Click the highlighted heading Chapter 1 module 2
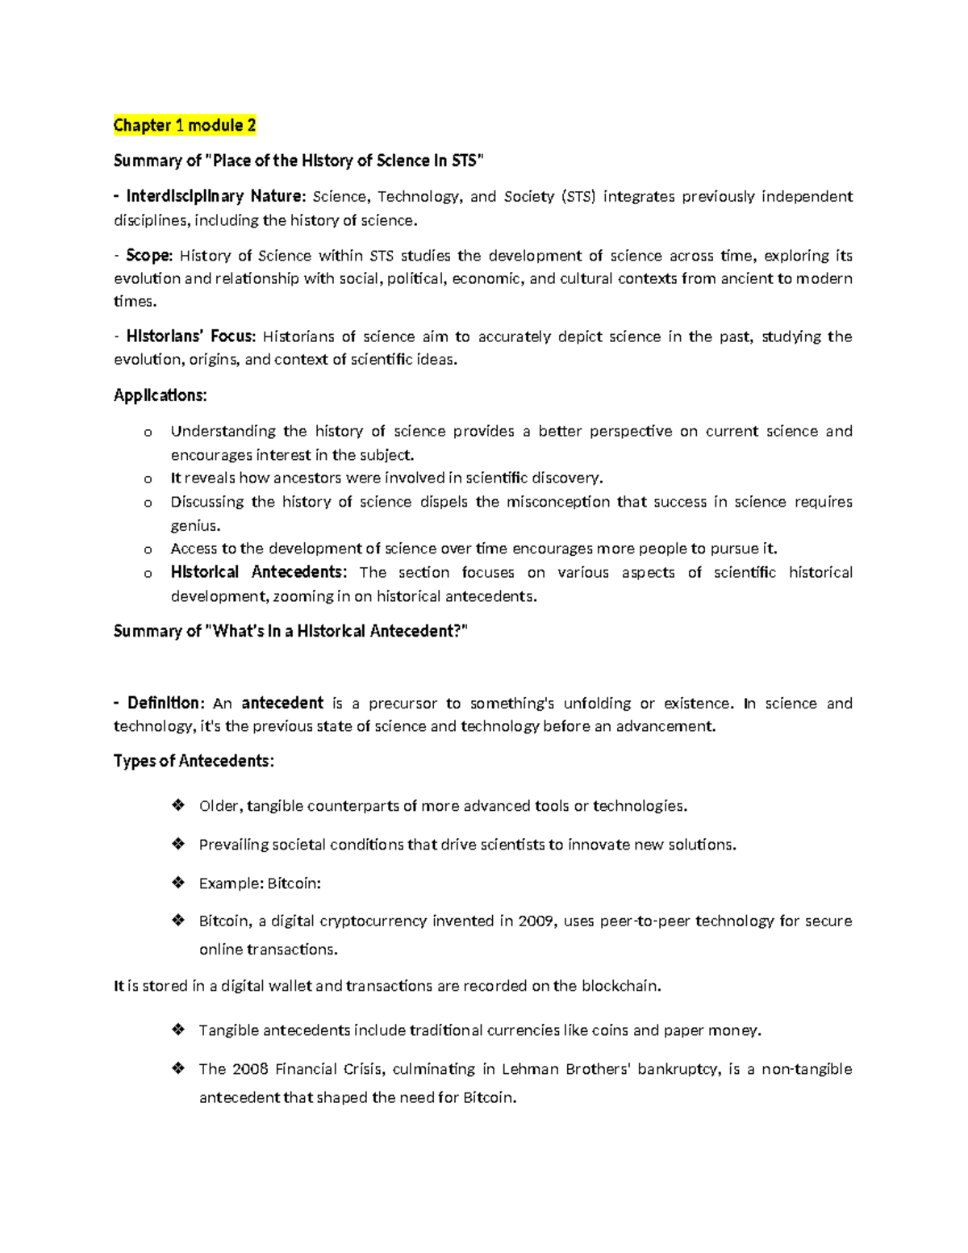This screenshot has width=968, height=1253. (185, 125)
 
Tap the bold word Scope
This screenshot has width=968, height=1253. (148, 256)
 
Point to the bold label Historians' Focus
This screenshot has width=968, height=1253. (190, 336)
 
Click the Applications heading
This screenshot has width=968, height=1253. (160, 395)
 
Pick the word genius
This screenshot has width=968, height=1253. (194, 526)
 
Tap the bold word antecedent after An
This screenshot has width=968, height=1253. (282, 703)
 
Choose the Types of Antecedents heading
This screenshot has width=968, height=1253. (194, 761)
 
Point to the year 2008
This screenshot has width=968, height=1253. (249, 1069)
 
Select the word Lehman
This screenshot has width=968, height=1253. (528, 1069)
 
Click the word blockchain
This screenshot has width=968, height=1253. (620, 986)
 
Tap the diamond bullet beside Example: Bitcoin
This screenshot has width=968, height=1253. (178, 883)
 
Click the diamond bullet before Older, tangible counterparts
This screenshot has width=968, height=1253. (178, 805)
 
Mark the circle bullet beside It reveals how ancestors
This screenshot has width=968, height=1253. (148, 479)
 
